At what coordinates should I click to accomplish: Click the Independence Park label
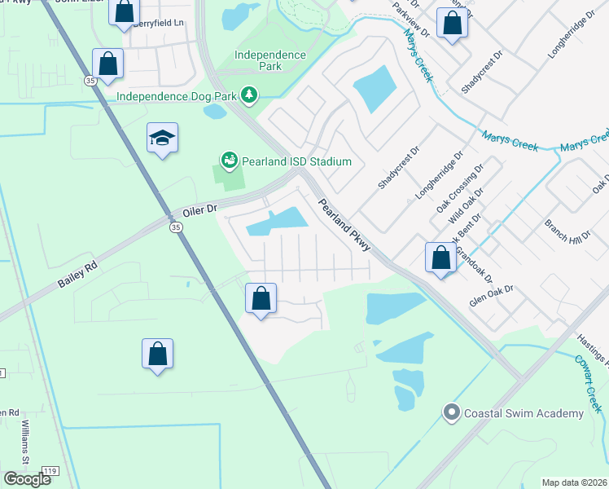coord(270,61)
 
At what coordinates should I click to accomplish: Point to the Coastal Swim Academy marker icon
coord(452,413)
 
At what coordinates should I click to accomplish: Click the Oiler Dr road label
coord(200,209)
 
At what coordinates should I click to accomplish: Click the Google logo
coord(28,479)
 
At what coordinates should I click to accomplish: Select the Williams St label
coord(25,445)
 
